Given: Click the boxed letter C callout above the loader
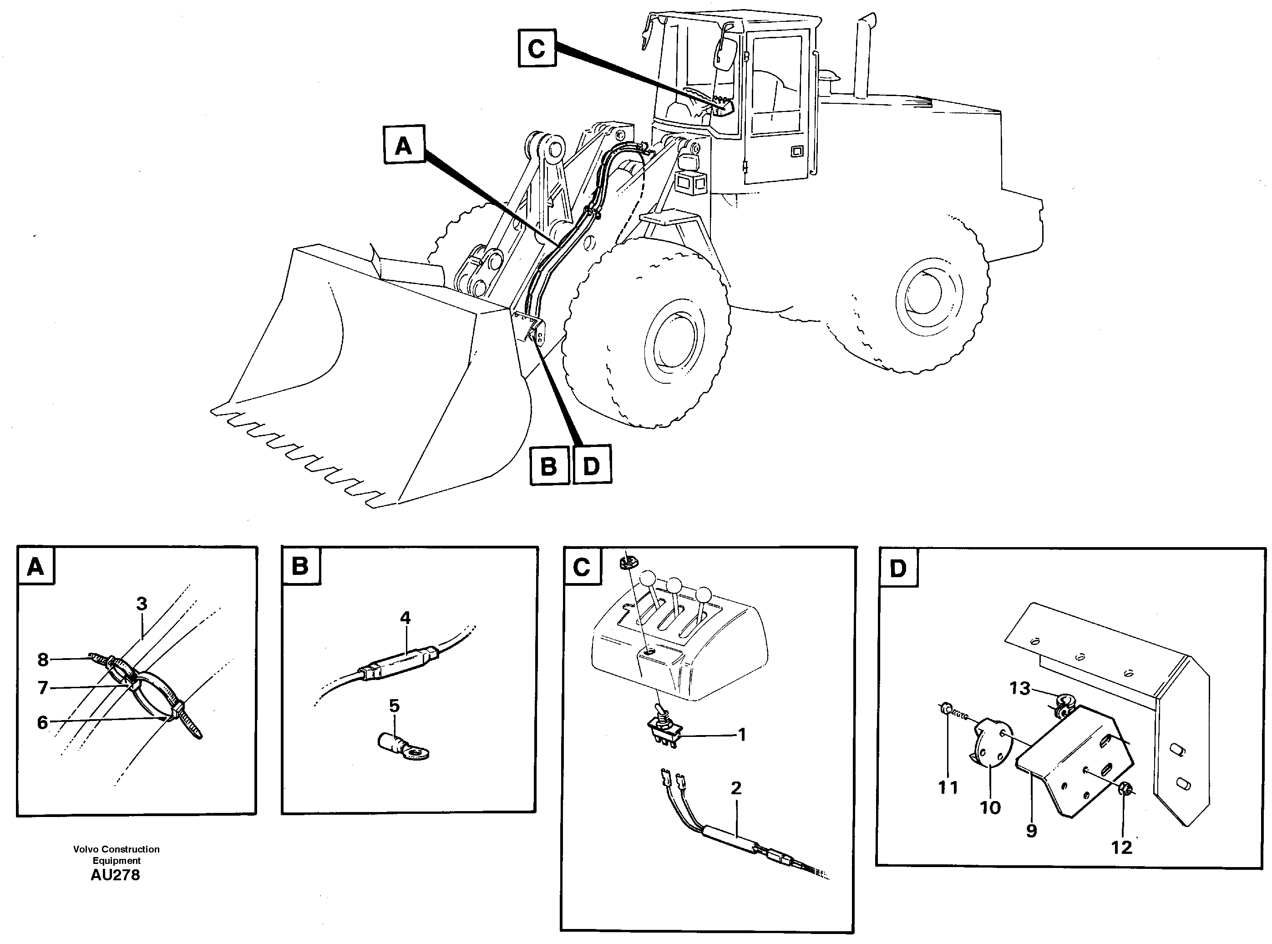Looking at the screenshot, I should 537,49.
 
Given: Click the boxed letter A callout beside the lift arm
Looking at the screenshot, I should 403,146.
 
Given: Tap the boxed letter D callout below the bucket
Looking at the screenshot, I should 592,466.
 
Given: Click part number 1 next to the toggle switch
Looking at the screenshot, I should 742,734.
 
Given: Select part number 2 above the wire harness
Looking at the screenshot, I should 736,788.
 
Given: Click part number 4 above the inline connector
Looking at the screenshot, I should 405,618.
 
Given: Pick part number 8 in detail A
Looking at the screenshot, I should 43,660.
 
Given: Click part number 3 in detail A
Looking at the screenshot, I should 142,604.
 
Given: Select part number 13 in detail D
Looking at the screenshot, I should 1020,688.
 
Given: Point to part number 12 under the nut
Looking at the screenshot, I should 1122,847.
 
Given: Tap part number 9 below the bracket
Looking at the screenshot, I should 1031,830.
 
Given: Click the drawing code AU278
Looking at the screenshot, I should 115,875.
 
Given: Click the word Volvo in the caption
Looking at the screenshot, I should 86,849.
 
